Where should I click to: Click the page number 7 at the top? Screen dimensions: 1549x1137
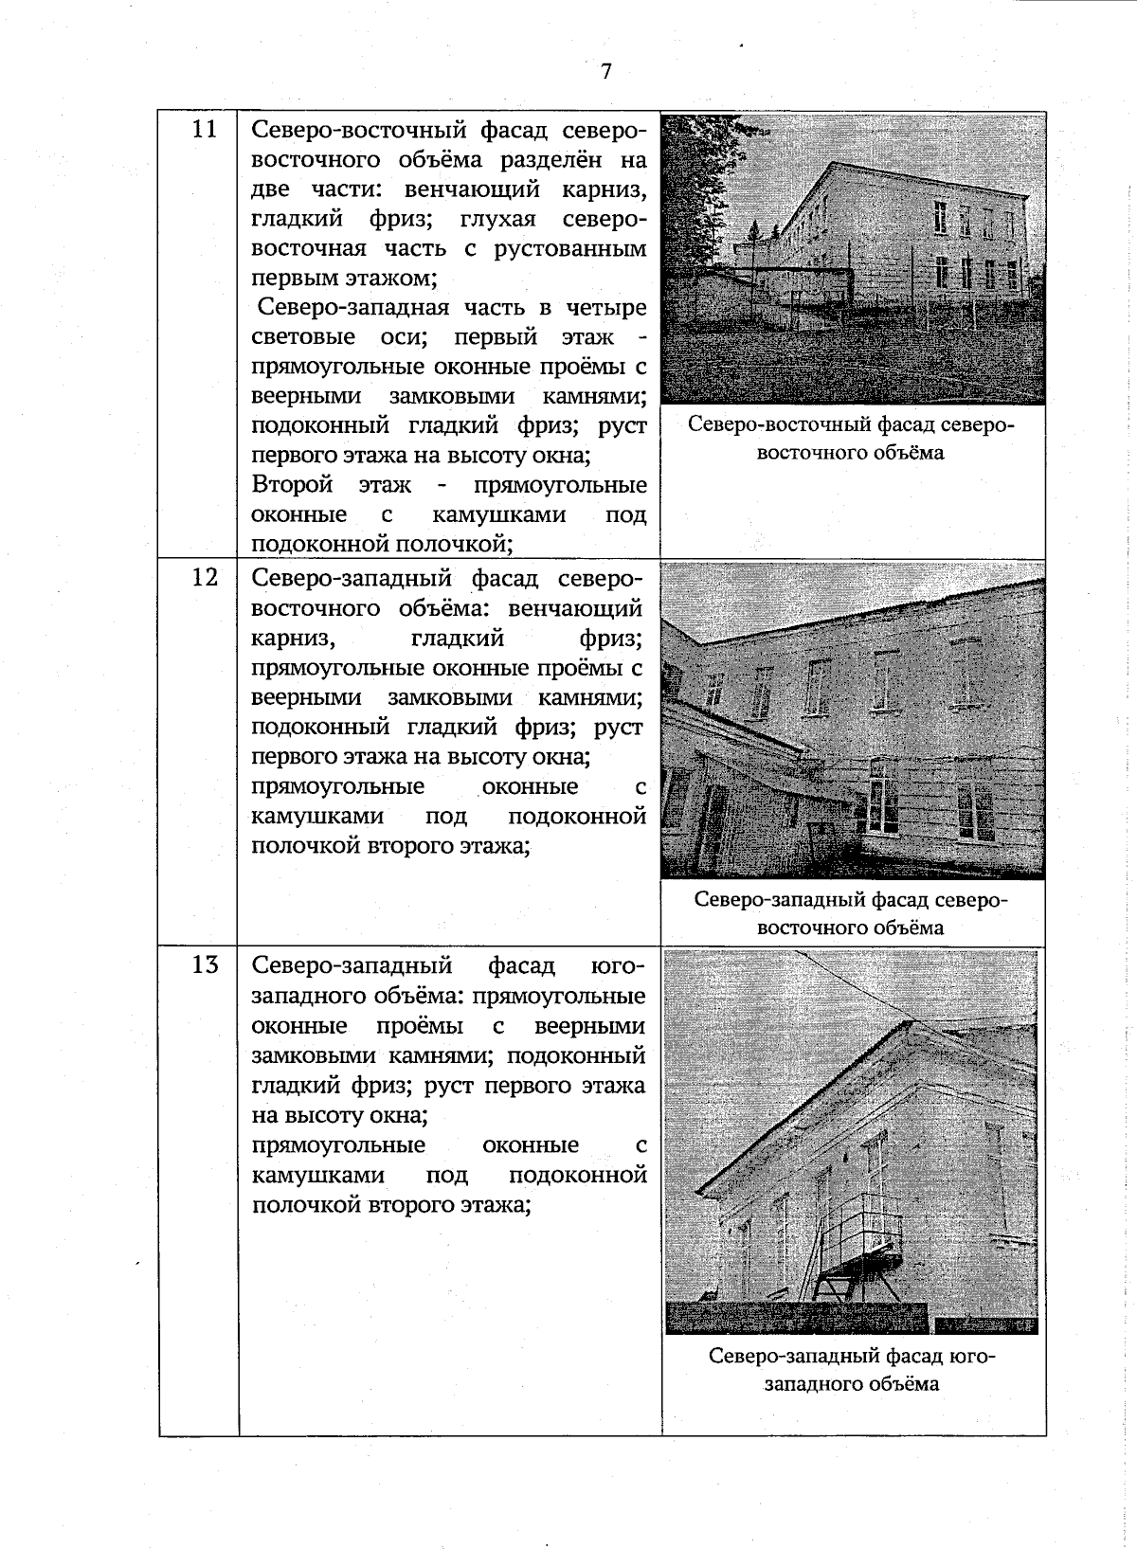606,72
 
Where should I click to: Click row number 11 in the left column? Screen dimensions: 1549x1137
205,129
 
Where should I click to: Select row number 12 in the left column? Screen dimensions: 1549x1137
205,576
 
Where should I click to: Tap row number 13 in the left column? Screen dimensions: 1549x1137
205,965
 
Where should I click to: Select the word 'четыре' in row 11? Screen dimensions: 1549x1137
607,307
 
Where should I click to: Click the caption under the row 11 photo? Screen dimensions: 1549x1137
851,438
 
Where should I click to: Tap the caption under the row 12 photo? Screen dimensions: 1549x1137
851,912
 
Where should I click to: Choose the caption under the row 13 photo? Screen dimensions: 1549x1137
851,1369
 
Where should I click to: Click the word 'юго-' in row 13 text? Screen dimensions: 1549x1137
617,965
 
